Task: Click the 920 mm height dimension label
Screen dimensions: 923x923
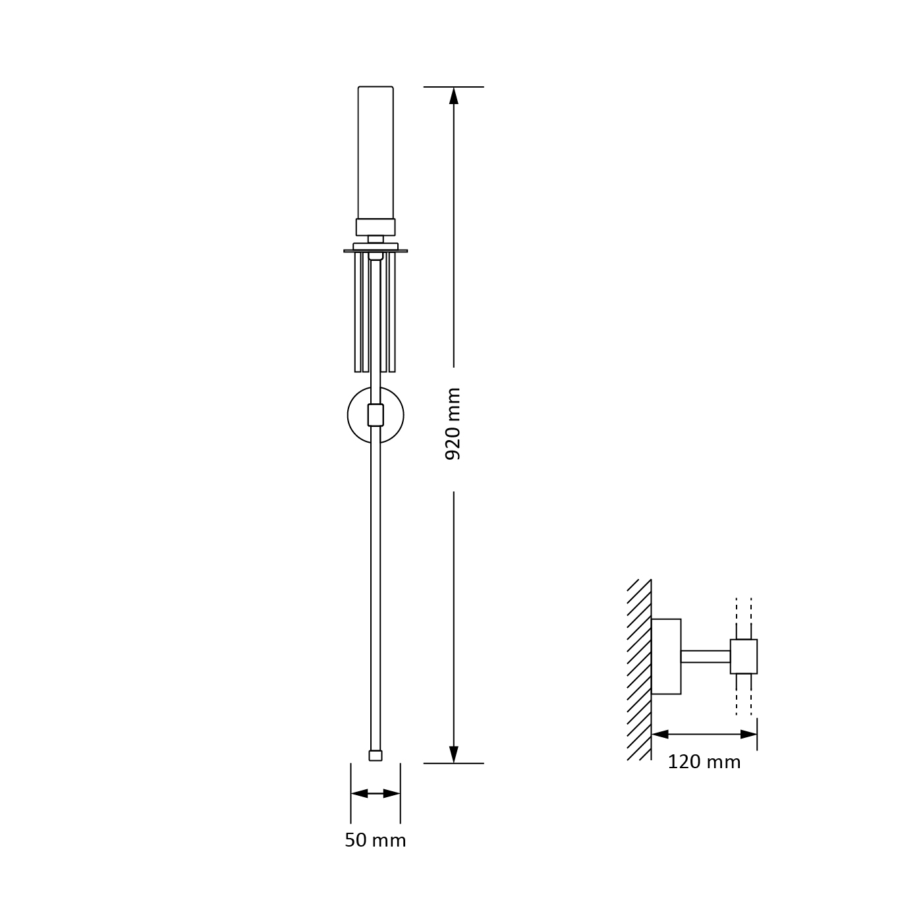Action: [453, 424]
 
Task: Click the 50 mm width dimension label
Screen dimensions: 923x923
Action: [376, 840]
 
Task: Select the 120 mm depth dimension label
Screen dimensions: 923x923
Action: [704, 762]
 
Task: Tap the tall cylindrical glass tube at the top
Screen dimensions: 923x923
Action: [376, 153]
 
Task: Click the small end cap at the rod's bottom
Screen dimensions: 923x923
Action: [376, 756]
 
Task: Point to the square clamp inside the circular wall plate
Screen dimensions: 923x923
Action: [376, 415]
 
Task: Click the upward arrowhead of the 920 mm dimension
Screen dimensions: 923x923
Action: [454, 96]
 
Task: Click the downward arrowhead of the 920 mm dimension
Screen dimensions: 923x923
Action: [454, 754]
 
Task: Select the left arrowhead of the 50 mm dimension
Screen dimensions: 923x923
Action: [359, 793]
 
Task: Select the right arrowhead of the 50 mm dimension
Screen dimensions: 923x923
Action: [392, 793]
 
